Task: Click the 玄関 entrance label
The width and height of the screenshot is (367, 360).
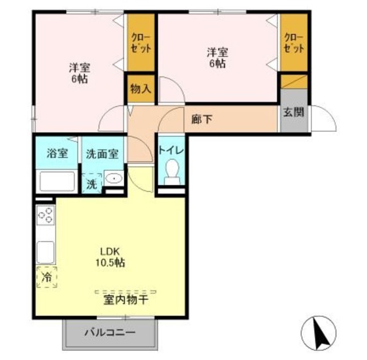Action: (x=293, y=112)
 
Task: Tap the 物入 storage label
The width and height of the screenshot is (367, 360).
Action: (x=140, y=89)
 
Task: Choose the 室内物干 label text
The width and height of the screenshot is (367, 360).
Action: (x=126, y=299)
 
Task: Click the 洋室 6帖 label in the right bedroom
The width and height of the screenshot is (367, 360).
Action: (x=217, y=58)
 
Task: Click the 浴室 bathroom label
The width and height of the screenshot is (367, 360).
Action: (x=57, y=154)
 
